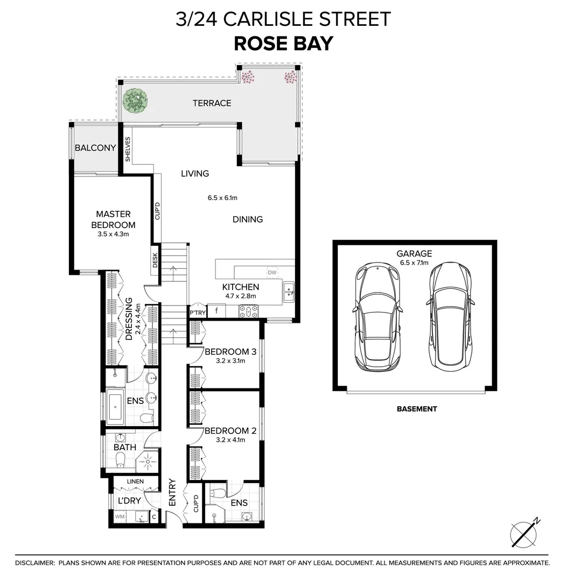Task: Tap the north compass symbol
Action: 524,533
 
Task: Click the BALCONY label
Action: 95,148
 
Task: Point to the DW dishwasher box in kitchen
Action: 272,273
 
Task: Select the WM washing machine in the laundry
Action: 120,517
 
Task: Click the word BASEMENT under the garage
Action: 417,409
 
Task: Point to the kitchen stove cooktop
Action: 249,310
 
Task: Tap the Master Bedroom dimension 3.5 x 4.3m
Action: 113,234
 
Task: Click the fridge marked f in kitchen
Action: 216,311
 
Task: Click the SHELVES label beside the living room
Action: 128,150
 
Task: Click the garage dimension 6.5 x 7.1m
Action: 415,263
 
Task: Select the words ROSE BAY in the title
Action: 283,44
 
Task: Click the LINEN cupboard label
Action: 135,481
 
